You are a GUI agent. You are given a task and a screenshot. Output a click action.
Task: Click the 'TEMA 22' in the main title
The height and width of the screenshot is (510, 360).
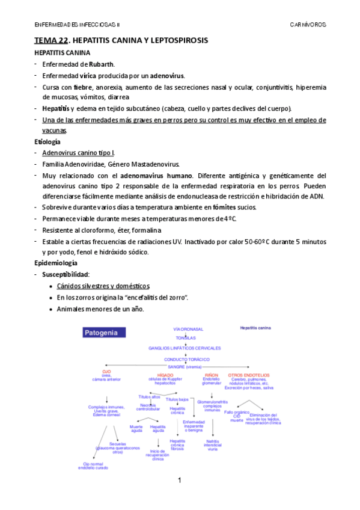[50, 40]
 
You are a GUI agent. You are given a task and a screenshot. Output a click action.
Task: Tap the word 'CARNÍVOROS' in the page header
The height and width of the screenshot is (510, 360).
[308, 25]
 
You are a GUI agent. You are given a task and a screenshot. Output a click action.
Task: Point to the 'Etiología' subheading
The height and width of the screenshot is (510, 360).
[47, 142]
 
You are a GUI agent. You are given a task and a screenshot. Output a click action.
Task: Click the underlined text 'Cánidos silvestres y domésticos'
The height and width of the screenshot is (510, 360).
[103, 286]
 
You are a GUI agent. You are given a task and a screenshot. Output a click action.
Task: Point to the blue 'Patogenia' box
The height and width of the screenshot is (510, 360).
[105, 332]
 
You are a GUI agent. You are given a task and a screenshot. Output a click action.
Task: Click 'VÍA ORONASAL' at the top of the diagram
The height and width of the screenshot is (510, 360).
[188, 329]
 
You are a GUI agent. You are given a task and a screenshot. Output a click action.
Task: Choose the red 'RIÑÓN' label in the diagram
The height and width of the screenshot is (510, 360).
[212, 374]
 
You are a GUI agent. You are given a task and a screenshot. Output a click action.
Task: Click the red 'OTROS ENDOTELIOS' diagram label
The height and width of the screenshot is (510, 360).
[248, 375]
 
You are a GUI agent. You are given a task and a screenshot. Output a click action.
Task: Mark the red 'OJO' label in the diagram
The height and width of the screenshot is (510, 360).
[106, 372]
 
